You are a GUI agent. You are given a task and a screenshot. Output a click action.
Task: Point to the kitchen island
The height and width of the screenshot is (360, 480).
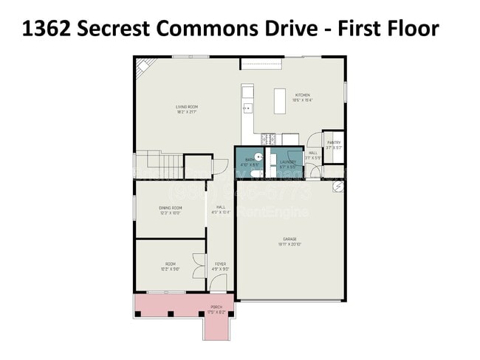click(x=280, y=101)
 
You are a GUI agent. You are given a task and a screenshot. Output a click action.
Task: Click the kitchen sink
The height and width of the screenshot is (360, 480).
click(x=248, y=108)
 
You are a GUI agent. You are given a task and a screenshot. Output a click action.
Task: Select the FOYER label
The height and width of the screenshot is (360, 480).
click(x=220, y=265)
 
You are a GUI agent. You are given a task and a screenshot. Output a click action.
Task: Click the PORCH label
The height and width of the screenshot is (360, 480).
click(x=216, y=308)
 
